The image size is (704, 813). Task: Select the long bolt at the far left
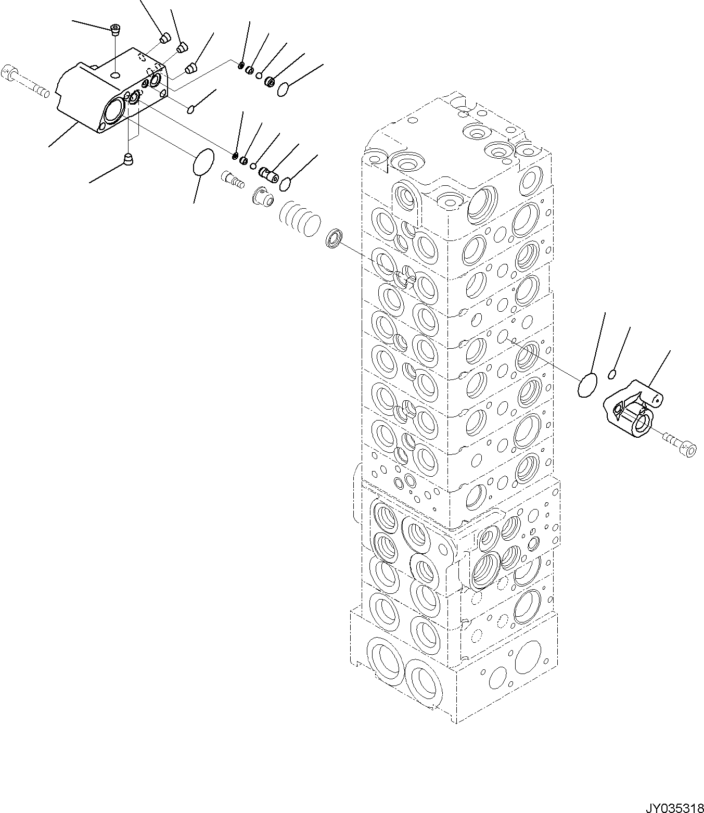point(26,82)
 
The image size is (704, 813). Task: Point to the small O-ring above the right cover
point(612,374)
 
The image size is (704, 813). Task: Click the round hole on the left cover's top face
point(115,76)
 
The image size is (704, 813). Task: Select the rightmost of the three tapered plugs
point(191,68)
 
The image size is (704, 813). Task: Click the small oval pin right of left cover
point(191,109)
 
